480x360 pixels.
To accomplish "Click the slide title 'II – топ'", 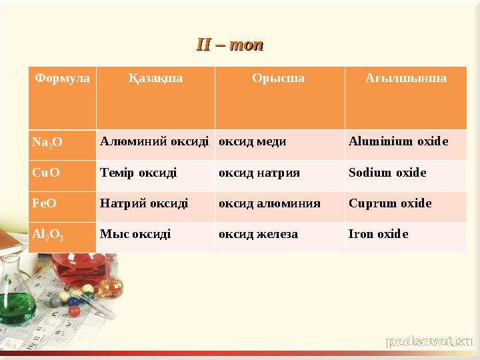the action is pos(230,45).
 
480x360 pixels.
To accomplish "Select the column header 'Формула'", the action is pos(63,78).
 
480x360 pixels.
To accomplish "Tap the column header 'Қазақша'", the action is pos(155,79).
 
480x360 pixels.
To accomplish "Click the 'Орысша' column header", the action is pos(278,78).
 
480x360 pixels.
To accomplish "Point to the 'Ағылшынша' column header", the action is pos(406,78).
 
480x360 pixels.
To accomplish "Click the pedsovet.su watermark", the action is pos(429,341).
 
